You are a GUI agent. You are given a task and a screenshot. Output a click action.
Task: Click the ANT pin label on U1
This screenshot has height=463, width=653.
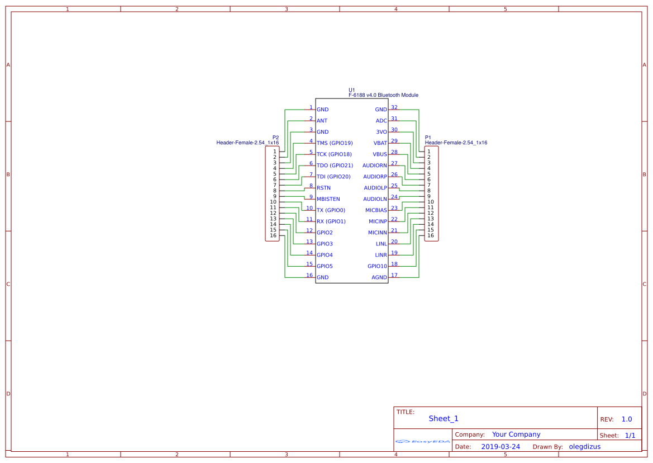[x=322, y=121]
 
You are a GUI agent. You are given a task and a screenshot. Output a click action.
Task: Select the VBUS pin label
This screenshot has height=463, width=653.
[x=380, y=154]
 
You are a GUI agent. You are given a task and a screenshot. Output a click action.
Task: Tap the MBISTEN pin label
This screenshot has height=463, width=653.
[x=328, y=199]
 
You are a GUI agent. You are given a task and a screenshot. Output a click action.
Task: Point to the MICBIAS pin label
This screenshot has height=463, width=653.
[x=376, y=210]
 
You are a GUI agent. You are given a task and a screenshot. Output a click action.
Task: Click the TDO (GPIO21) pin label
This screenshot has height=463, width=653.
[x=335, y=166]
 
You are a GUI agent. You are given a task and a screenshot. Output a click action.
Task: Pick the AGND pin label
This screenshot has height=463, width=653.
[x=379, y=277]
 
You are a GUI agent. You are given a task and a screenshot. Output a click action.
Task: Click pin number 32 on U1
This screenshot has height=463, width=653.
[x=394, y=107]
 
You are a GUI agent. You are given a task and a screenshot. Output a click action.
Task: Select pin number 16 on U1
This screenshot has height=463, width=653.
[x=309, y=275]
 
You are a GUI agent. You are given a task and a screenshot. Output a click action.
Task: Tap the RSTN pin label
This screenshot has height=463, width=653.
[x=323, y=188]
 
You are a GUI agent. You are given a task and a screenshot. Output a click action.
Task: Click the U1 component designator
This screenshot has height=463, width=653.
[x=352, y=90]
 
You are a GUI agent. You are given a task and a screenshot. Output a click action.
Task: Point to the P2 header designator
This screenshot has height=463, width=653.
[x=275, y=138]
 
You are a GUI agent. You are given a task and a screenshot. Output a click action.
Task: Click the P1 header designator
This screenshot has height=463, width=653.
[x=428, y=138]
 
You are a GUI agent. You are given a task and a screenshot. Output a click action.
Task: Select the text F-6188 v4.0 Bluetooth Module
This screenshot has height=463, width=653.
[x=383, y=95]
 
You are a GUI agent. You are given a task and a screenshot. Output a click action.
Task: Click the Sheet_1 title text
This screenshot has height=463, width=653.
[x=444, y=419]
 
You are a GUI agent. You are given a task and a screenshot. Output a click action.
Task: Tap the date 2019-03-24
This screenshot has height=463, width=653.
[x=501, y=447]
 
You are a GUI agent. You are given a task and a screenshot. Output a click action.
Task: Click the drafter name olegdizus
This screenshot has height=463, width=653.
[x=584, y=447]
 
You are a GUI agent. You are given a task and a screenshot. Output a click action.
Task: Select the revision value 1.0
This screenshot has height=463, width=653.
[x=627, y=419]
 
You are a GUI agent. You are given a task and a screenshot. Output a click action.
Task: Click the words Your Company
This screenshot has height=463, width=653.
[x=516, y=434]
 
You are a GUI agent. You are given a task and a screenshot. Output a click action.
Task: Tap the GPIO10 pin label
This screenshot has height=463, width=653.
[x=377, y=266]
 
